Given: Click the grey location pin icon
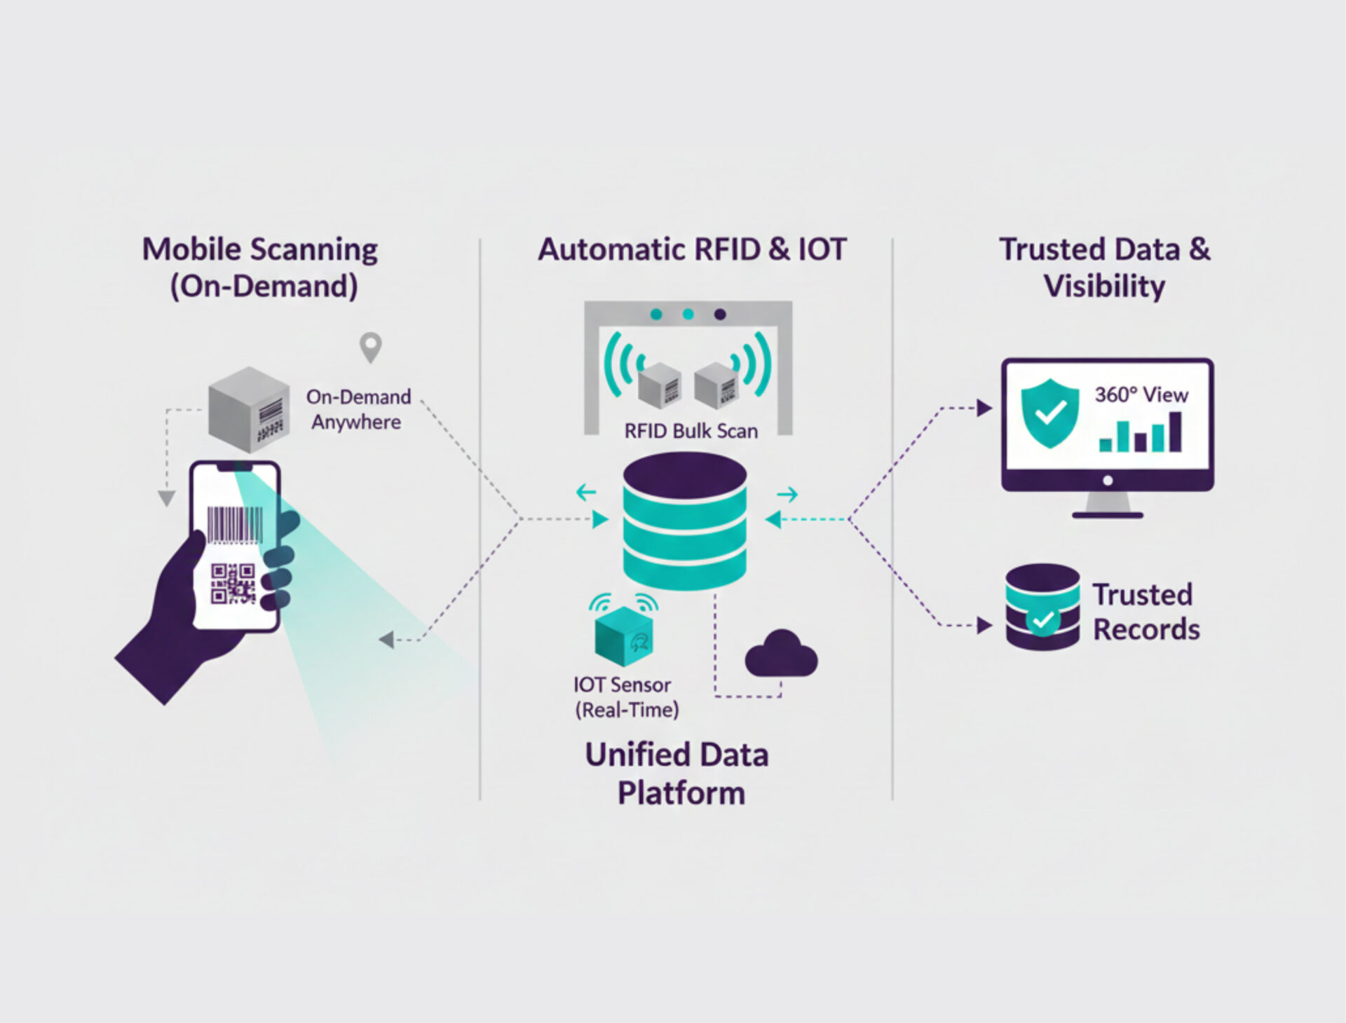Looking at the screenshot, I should [x=370, y=347].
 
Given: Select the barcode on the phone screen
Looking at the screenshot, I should [x=235, y=525].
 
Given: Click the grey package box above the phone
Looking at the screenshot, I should [x=249, y=410].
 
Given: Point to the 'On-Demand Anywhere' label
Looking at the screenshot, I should [x=358, y=409].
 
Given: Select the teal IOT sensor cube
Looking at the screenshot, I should [x=623, y=636].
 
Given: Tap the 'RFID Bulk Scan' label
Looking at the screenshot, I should [x=691, y=431].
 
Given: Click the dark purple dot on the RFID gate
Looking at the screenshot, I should [x=720, y=315].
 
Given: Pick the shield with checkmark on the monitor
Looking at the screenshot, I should [x=1049, y=413].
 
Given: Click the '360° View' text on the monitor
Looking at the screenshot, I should [x=1141, y=395].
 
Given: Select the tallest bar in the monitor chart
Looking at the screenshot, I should [x=1175, y=432].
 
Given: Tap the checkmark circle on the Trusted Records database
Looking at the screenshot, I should [x=1042, y=619].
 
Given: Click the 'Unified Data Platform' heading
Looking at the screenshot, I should [x=678, y=774].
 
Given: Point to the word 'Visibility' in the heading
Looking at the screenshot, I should [x=1104, y=286].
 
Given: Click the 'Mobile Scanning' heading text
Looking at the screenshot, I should [x=260, y=249].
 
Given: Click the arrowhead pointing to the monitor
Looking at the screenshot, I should [x=984, y=408].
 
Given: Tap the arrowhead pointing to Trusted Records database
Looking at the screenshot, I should [x=984, y=625].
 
